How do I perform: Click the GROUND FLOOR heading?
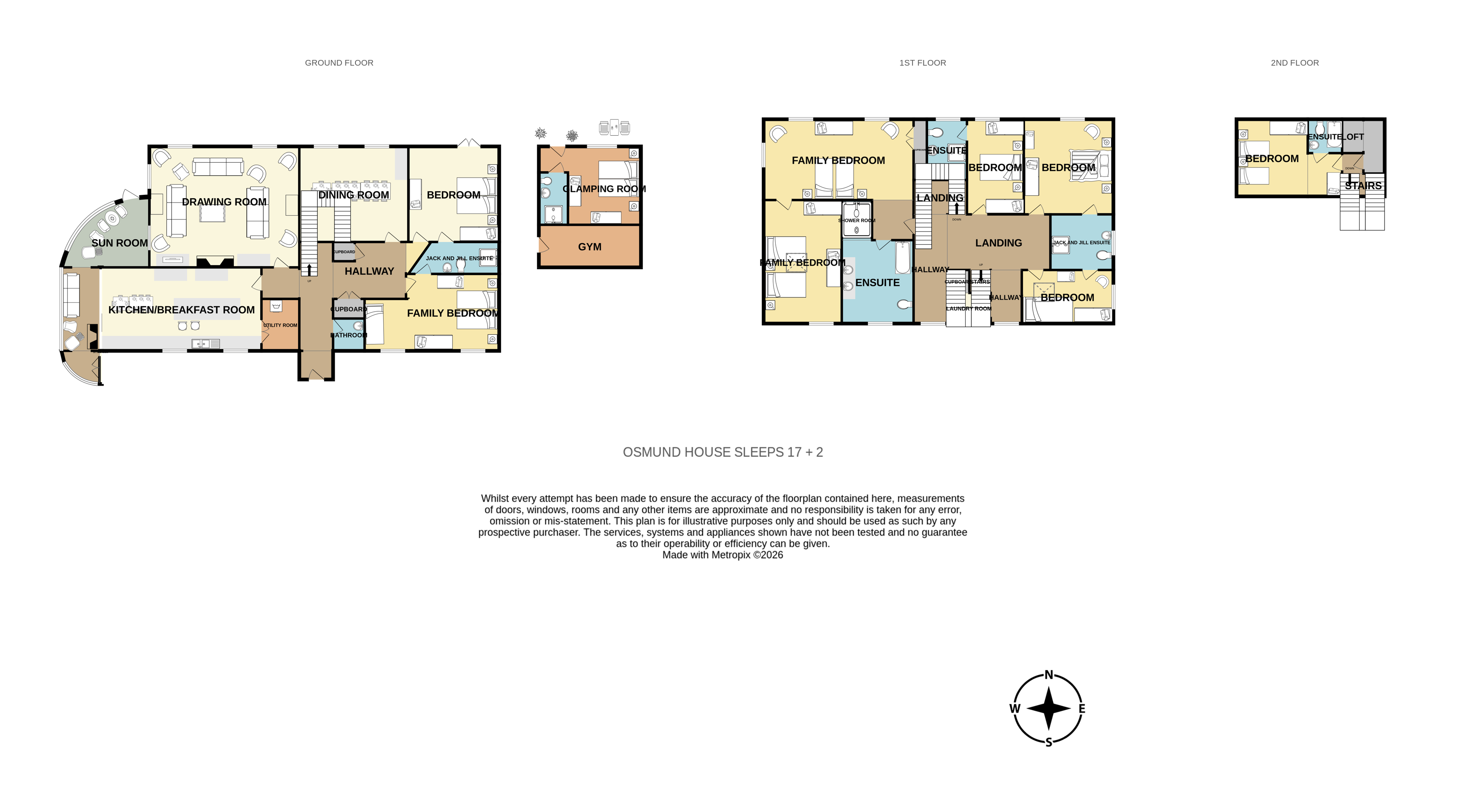click(339, 63)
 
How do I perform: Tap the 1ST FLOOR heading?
click(922, 63)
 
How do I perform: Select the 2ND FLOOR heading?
click(1295, 63)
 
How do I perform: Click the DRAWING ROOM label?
click(224, 202)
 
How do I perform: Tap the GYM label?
click(589, 247)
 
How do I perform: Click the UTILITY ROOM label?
click(281, 325)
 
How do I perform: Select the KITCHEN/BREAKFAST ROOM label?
click(182, 310)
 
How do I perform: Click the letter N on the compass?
click(1049, 675)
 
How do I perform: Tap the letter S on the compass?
click(1049, 742)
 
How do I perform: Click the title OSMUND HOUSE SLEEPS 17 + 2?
click(722, 452)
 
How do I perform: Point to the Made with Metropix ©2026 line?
click(722, 555)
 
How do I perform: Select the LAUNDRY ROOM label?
click(968, 309)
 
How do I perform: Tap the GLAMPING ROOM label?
click(604, 189)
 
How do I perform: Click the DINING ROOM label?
click(354, 195)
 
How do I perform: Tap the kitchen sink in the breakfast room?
click(206, 344)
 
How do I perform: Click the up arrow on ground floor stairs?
click(309, 270)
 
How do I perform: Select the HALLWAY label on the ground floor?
click(369, 271)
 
